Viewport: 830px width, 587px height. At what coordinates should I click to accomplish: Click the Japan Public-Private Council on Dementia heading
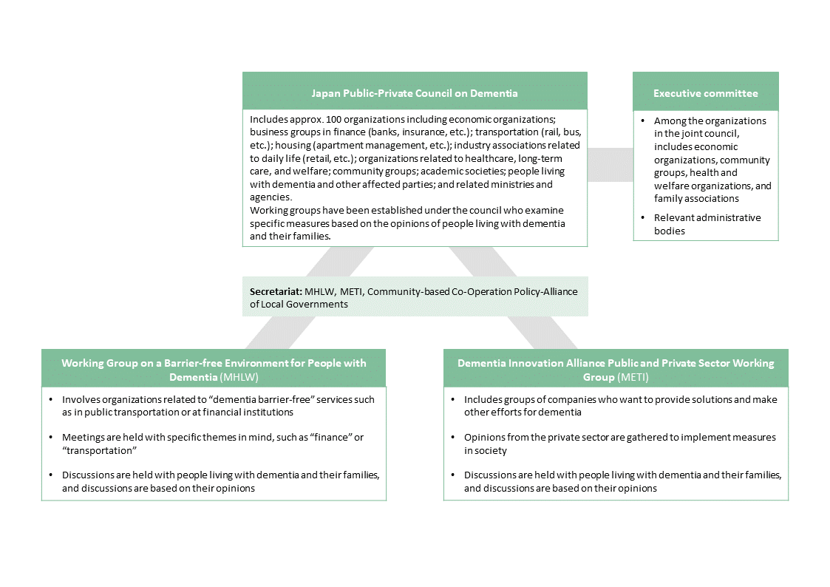[414, 93]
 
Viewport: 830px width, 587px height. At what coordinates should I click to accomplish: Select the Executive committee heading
[705, 93]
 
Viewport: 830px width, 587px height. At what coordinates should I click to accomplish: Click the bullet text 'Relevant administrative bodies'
[707, 224]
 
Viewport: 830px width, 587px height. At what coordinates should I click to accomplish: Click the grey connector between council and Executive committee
[610, 163]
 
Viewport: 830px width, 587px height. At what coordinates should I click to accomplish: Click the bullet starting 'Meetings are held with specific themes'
[213, 444]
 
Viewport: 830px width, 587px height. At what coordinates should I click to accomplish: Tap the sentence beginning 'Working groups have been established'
[407, 223]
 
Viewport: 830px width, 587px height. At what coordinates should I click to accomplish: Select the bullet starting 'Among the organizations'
[712, 159]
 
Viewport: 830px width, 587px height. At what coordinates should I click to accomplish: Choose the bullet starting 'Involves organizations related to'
[218, 405]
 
